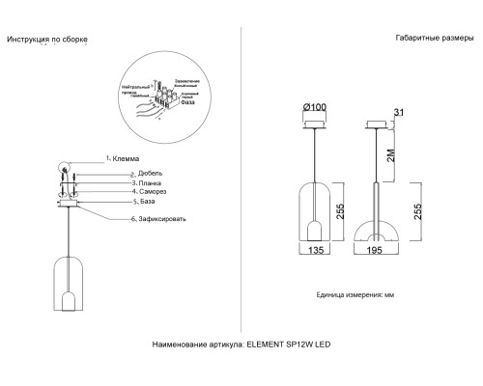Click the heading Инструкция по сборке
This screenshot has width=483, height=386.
(x=47, y=40)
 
